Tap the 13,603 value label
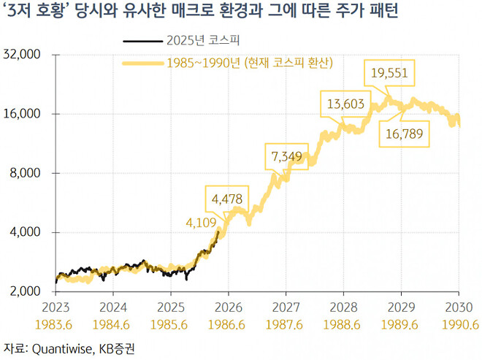(x=345, y=104)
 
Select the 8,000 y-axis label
(x=28, y=173)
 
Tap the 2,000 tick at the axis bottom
(x=28, y=291)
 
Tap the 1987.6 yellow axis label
(x=286, y=322)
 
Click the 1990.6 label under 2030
(x=458, y=322)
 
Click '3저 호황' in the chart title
(x=34, y=13)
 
